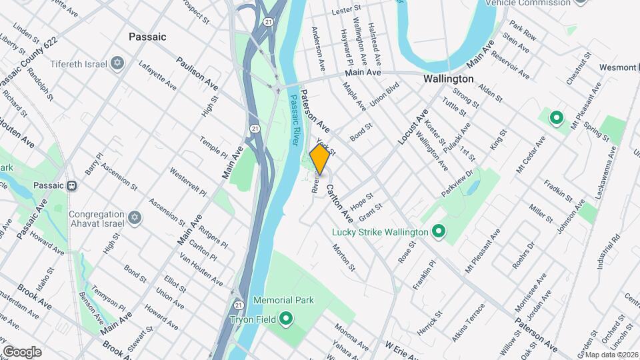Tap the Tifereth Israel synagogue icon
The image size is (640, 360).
click(118, 63)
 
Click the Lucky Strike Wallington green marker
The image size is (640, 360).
click(439, 232)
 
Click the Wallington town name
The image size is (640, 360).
click(449, 79)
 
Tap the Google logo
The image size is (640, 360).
click(22, 351)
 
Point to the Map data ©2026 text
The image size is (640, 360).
click(612, 354)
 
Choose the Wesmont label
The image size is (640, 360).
click(617, 67)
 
